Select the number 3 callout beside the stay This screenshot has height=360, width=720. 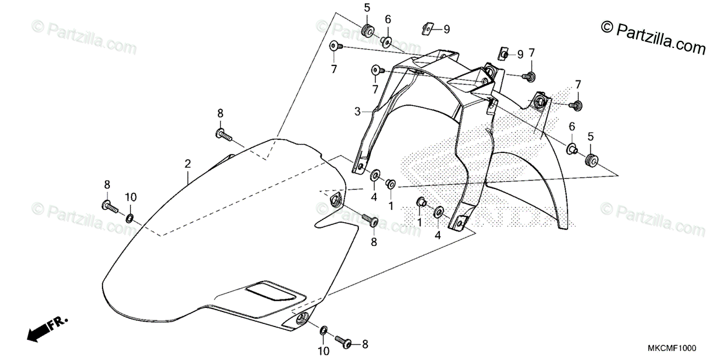[x=357, y=112]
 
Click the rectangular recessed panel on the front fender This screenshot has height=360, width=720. [x=273, y=291]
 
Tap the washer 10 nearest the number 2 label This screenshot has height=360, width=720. [x=130, y=215]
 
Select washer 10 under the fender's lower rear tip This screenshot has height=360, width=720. [x=324, y=331]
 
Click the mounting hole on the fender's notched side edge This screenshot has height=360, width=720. [x=334, y=200]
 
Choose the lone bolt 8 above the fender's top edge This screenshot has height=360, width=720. [x=223, y=134]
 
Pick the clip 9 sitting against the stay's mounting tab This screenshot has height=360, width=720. [x=503, y=54]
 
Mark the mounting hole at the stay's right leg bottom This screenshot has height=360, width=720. [x=461, y=223]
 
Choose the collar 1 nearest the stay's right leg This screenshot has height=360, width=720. [x=421, y=203]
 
